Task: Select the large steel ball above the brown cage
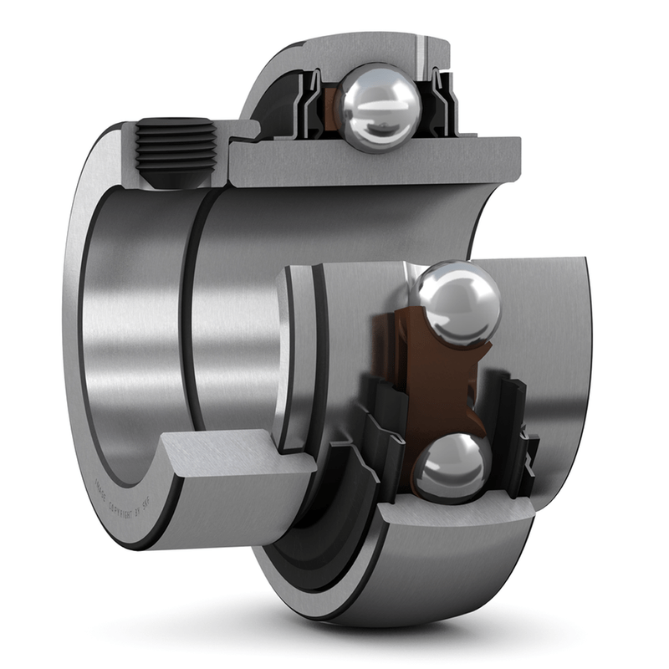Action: click(456, 303)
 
